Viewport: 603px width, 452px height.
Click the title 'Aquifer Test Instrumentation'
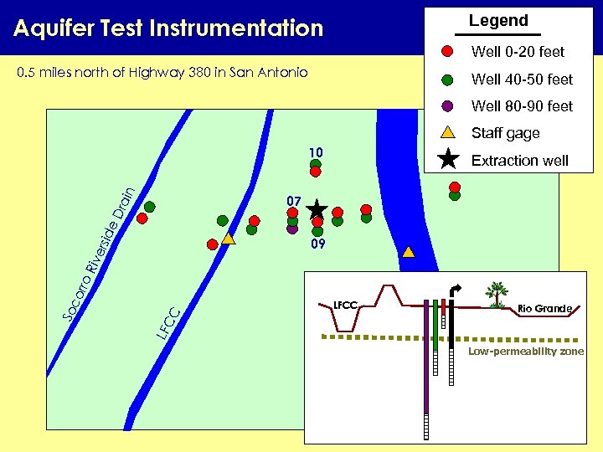coord(168,28)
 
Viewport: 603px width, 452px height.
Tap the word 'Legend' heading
coord(498,21)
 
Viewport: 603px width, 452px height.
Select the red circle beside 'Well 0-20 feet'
coord(448,52)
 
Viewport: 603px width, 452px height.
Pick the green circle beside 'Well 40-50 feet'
coord(448,80)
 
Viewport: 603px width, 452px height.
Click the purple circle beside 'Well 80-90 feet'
coord(448,106)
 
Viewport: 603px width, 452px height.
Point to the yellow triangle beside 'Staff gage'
coord(448,132)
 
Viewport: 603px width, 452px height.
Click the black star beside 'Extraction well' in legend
coord(448,159)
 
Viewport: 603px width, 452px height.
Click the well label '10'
coord(315,152)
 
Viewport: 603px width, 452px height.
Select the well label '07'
coord(293,202)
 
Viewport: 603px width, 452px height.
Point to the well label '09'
coord(317,245)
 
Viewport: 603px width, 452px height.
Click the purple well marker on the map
coord(292,228)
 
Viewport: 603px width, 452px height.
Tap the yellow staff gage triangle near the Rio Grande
coord(408,251)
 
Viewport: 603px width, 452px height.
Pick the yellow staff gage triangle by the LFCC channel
coord(229,239)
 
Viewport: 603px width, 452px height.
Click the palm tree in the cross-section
coord(497,294)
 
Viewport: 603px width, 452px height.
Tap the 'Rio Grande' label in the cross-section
coord(544,309)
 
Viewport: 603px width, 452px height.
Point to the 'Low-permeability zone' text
coord(526,351)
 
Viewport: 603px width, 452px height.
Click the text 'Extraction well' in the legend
coord(520,160)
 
